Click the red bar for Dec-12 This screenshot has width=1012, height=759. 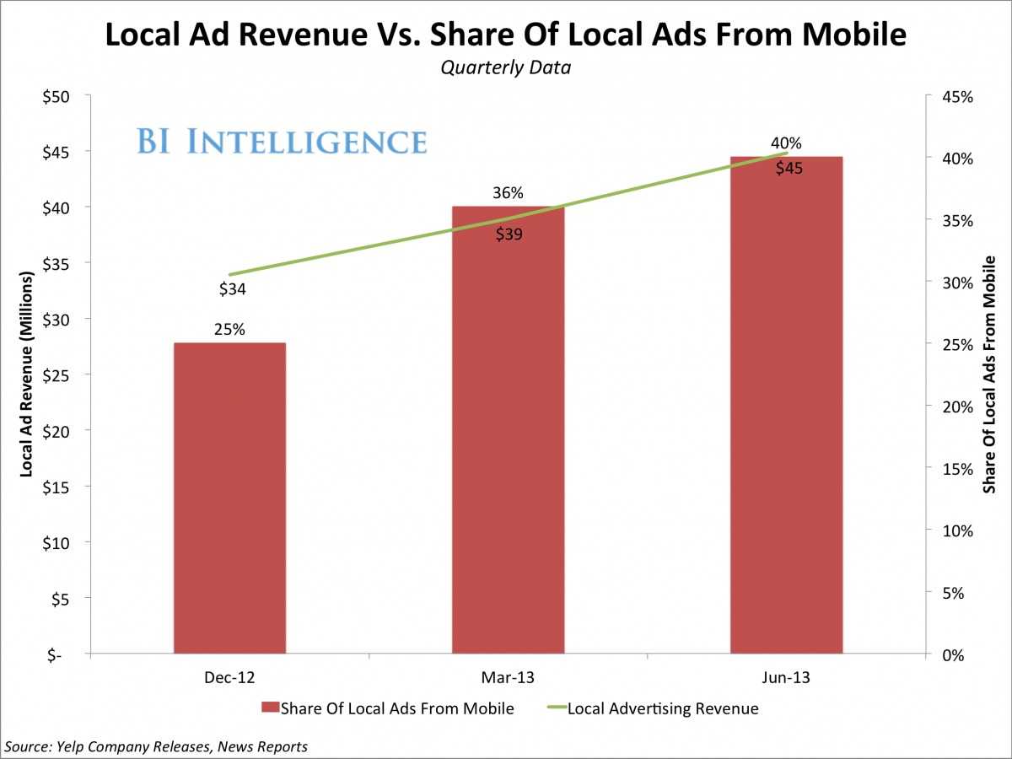(229, 498)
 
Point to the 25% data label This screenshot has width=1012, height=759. (229, 330)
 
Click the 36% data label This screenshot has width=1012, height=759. (509, 193)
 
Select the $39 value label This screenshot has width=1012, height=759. (509, 234)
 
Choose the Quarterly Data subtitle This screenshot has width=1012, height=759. (505, 67)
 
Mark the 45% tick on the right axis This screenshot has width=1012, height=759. (957, 97)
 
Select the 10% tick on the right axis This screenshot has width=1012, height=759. (957, 530)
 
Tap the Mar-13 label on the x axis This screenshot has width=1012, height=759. (509, 677)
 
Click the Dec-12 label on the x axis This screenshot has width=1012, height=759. (229, 677)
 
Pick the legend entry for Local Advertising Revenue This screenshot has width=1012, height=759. (662, 708)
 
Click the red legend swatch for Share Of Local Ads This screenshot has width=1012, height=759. (269, 708)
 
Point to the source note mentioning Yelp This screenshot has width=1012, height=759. (156, 746)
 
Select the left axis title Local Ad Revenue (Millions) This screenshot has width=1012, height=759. (26, 374)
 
